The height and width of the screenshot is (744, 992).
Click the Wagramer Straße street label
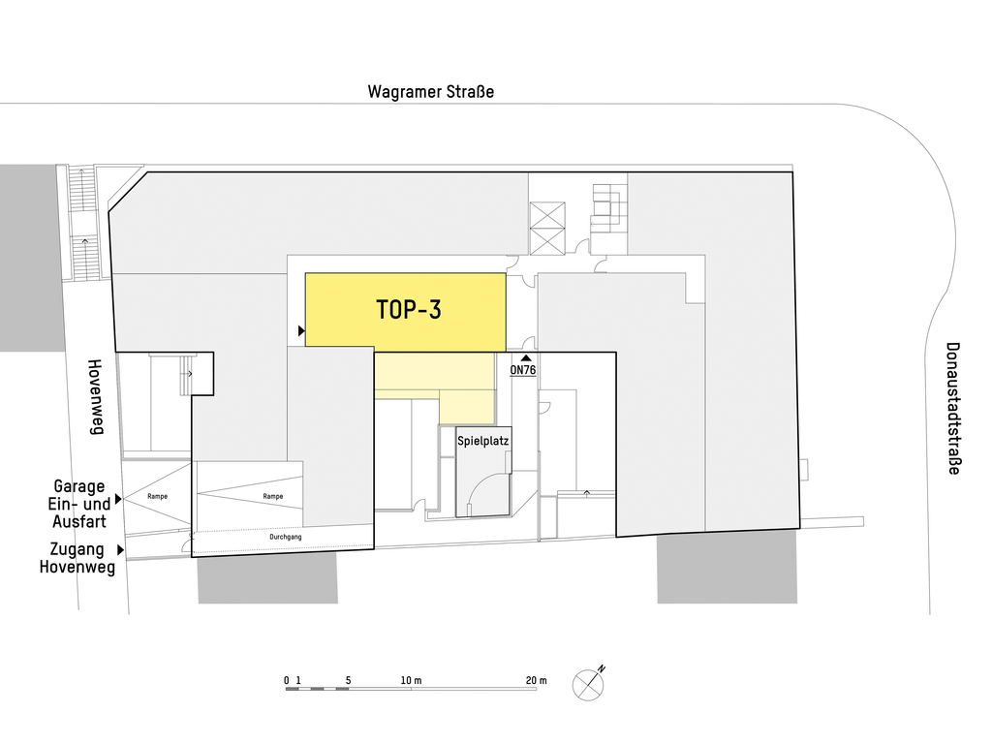click(x=431, y=92)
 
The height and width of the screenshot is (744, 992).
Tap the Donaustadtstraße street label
click(x=953, y=408)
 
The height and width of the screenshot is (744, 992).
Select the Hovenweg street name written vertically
click(x=95, y=396)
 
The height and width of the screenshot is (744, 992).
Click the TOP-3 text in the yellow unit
click(x=409, y=309)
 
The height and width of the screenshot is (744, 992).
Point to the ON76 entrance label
click(x=523, y=370)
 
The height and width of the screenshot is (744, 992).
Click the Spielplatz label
click(x=483, y=441)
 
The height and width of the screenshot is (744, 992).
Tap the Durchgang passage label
click(x=286, y=537)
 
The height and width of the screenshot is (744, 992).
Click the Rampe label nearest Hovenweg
click(x=158, y=496)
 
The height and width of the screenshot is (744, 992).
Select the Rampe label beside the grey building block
click(x=273, y=496)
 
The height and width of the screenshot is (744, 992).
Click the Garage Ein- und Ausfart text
click(x=80, y=504)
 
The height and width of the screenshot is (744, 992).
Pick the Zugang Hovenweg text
click(x=77, y=558)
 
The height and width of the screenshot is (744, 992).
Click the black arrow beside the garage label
click(x=118, y=500)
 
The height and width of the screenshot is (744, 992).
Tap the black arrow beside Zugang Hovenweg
click(x=121, y=550)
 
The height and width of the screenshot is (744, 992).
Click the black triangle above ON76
click(x=526, y=358)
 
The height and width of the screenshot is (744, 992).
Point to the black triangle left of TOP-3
click(x=301, y=331)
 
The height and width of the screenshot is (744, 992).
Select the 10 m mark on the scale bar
click(x=411, y=681)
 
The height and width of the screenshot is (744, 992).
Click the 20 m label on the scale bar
click(x=536, y=681)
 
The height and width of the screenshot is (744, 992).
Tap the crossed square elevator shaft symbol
click(x=547, y=229)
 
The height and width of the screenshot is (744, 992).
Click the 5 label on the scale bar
click(x=348, y=681)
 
